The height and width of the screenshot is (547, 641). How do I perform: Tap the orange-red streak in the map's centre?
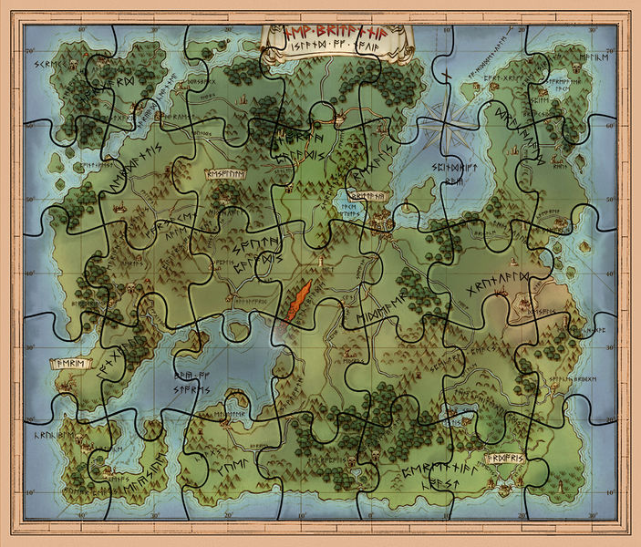(x=298, y=302)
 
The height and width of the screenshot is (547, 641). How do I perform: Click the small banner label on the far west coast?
(x=74, y=363)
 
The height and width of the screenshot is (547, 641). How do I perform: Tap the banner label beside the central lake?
(x=368, y=195)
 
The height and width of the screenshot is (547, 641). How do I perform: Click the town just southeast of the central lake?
(x=381, y=219)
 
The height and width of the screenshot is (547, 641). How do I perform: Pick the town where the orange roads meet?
(x=335, y=116)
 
